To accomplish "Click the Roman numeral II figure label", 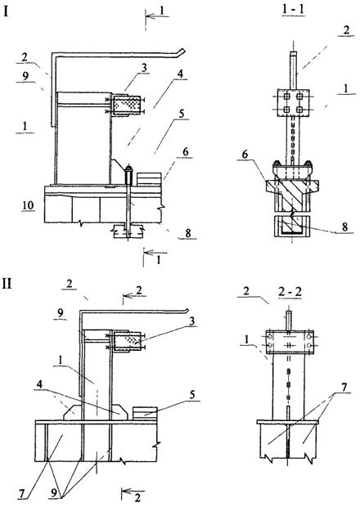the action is click(7, 284).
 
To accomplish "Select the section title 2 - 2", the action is click(290, 292).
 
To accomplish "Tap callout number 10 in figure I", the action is click(28, 205).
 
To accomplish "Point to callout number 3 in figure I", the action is click(144, 68).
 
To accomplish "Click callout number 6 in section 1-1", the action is click(245, 155).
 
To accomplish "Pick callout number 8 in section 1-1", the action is click(344, 227).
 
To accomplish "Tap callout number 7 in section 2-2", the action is click(344, 387).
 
